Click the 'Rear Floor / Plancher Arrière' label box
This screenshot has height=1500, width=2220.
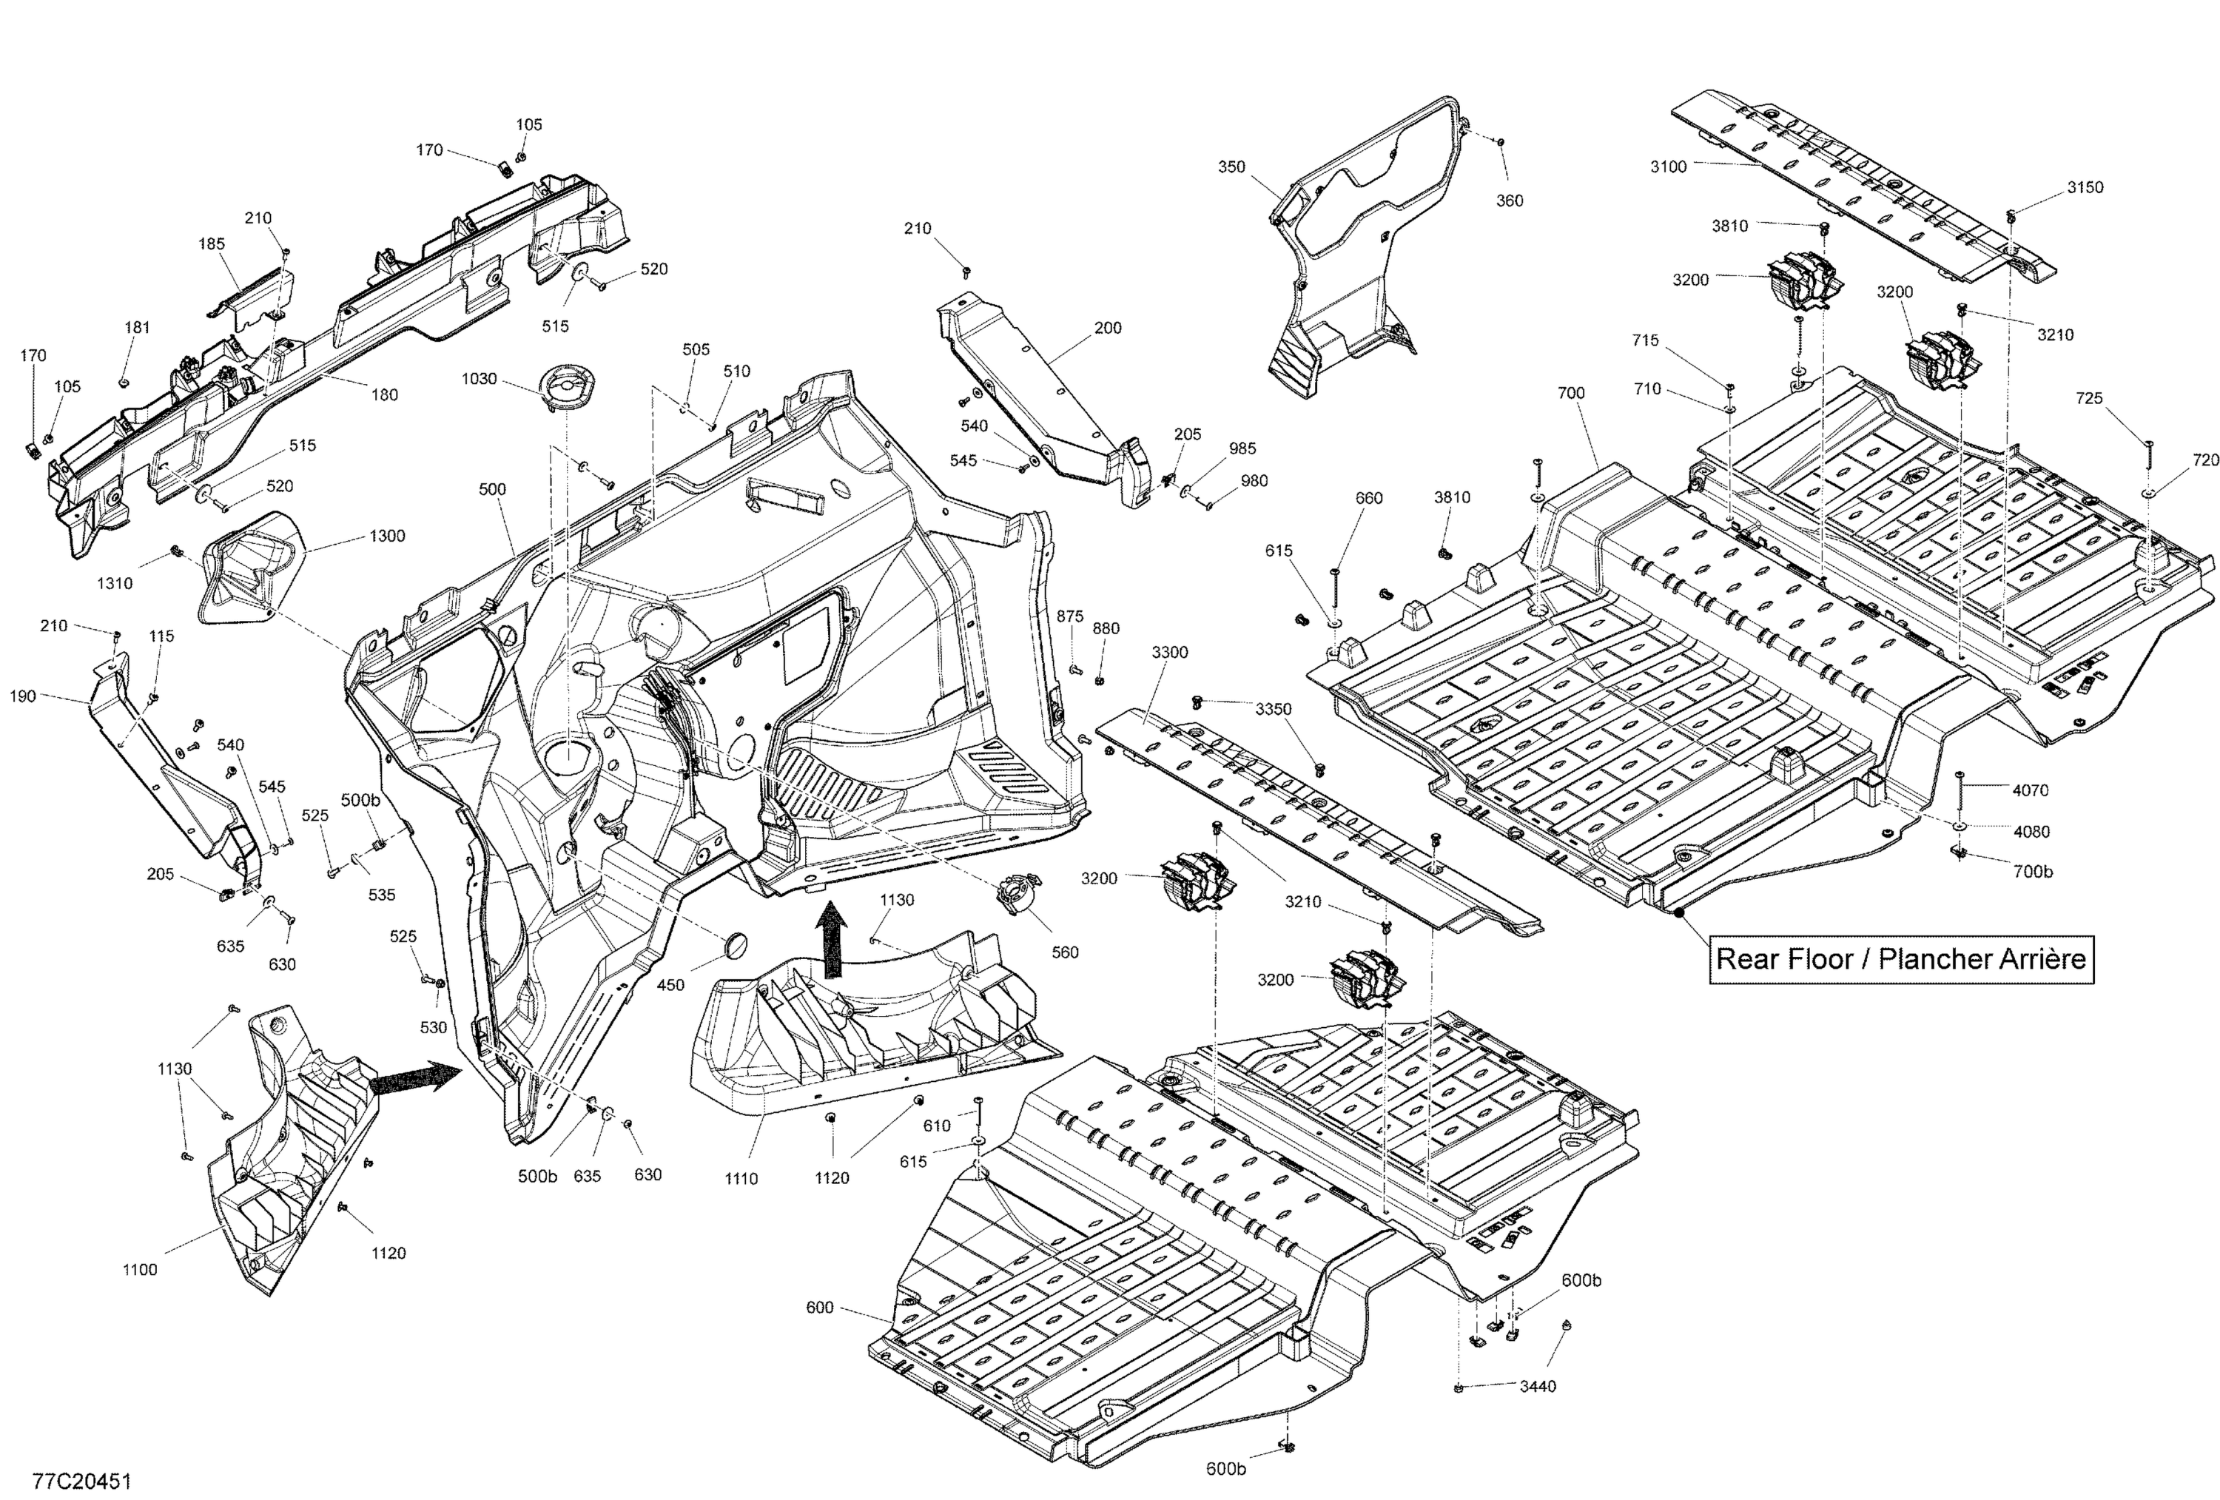[1901, 959]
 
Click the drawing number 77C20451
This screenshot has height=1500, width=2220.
[81, 1481]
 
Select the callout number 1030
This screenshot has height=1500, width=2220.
[479, 380]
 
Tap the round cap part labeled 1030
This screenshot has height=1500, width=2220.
[565, 388]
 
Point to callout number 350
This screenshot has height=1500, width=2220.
[1231, 167]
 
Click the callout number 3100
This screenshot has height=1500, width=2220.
[1669, 167]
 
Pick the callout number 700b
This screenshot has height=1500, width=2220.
[2032, 871]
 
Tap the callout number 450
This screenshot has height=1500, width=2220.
[670, 985]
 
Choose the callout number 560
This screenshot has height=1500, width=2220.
[1064, 952]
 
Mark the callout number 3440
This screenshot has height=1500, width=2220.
[1538, 1386]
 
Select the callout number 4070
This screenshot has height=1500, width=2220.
[2030, 790]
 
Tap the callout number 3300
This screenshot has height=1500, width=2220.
[1169, 653]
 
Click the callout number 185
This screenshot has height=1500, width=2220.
[212, 245]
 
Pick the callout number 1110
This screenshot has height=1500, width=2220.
[741, 1179]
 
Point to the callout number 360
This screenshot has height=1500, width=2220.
[1510, 201]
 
